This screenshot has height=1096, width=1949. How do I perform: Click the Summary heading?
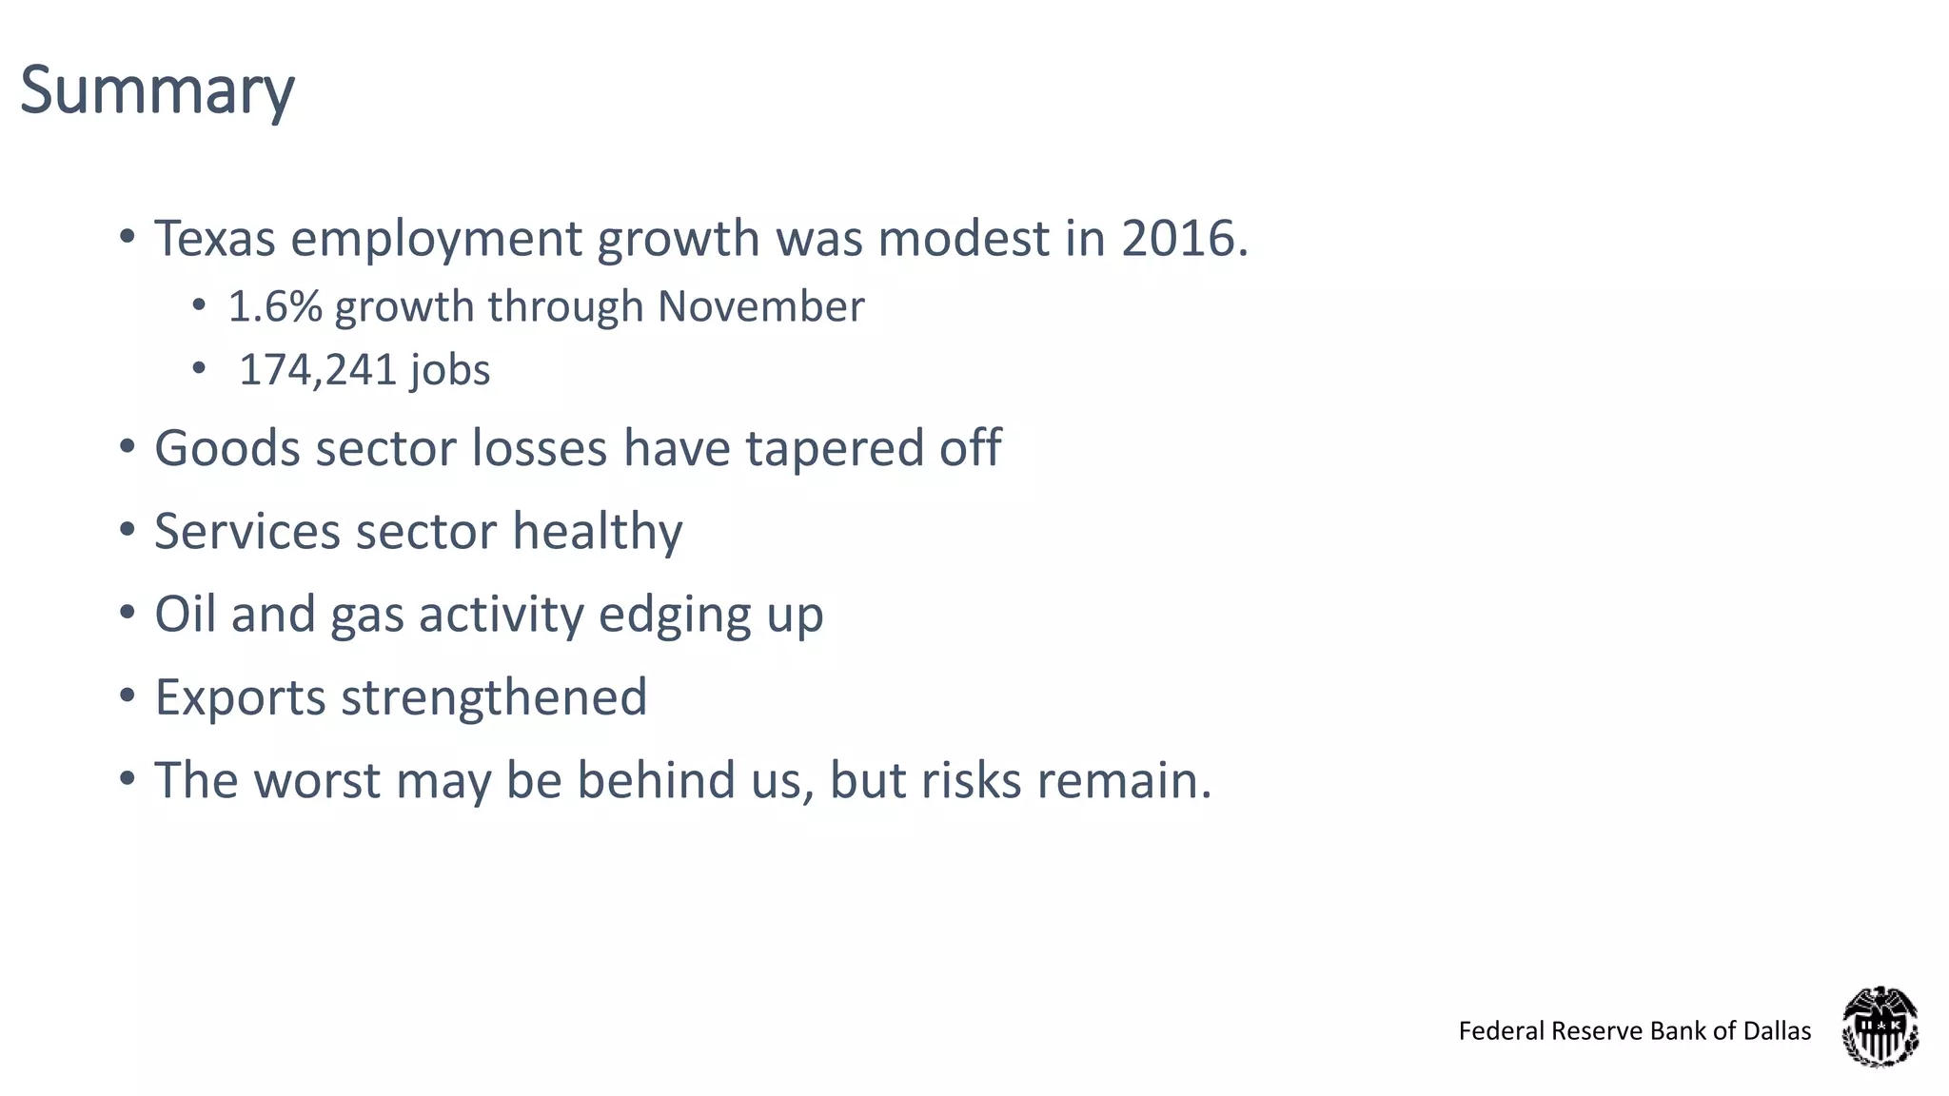(157, 91)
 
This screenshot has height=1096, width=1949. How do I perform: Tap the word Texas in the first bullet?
(214, 238)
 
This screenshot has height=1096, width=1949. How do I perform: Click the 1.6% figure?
(275, 306)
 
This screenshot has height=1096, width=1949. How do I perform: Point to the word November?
(760, 306)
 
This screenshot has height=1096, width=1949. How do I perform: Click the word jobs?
(450, 370)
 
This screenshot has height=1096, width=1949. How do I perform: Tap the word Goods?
(227, 448)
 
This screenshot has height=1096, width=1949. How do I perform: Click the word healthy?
(597, 531)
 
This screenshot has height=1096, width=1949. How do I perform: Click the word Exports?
(240, 697)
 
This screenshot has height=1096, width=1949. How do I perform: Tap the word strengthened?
(494, 697)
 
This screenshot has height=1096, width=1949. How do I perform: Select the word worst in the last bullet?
(317, 780)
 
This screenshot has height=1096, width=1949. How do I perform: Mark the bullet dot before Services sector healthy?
(128, 531)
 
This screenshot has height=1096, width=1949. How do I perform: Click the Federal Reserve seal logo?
(1880, 1027)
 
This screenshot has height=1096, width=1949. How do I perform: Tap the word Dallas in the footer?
(1777, 1031)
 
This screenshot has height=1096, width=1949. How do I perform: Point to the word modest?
(963, 238)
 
